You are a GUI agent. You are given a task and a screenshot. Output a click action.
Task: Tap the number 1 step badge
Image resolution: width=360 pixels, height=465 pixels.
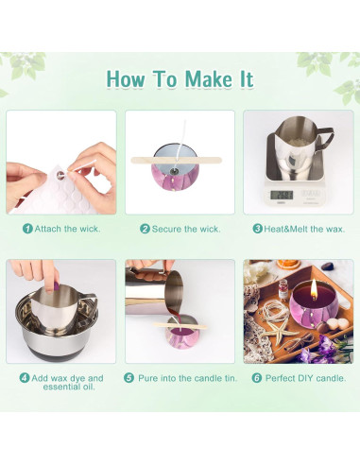(27, 229)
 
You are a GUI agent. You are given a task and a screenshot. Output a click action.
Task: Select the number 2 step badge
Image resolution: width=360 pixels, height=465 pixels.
(145, 229)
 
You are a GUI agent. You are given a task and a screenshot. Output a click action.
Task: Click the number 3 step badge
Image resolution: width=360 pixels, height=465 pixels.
(258, 229)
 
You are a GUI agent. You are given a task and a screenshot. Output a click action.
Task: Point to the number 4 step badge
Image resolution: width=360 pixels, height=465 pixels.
(25, 378)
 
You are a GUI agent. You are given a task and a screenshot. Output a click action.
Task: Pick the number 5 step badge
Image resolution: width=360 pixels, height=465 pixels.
(129, 378)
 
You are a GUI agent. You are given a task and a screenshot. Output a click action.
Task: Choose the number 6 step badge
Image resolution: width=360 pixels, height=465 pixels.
(257, 378)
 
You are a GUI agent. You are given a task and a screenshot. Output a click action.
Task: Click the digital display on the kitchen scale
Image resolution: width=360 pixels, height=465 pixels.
(282, 195)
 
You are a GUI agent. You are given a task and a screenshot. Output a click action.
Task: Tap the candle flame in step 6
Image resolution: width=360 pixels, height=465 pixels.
(314, 289)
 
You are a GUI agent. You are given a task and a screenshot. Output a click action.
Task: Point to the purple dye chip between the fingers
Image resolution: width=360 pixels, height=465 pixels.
(56, 286)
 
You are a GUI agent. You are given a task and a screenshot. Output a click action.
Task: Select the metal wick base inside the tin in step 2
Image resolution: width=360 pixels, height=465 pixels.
(174, 171)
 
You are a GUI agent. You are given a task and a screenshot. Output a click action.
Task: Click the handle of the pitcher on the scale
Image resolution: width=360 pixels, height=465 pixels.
(324, 138)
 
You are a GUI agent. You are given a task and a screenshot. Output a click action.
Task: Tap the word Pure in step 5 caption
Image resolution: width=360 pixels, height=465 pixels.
(148, 378)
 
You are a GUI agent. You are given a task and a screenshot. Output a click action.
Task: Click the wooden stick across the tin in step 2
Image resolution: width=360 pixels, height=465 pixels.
(177, 160)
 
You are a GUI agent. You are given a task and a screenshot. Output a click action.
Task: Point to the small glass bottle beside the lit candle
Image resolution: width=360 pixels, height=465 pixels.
(283, 289)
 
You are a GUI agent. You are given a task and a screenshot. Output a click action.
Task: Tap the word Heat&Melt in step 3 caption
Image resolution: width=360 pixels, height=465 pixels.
(285, 229)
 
